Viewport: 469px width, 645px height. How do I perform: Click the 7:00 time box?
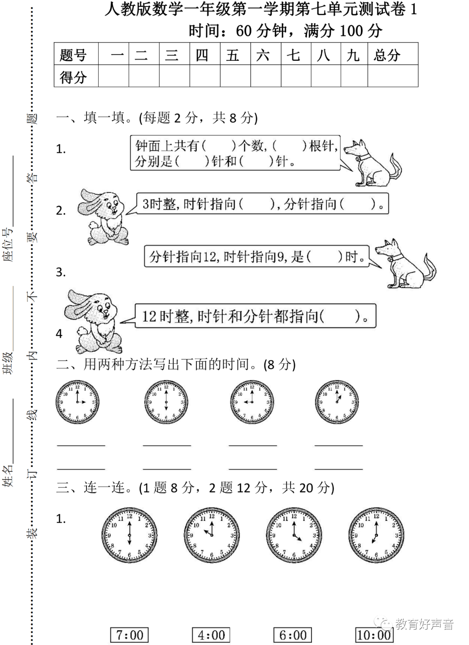pyautogui.click(x=129, y=635)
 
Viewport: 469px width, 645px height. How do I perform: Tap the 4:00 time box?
pyautogui.click(x=211, y=635)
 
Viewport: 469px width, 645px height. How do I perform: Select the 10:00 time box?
pyautogui.click(x=374, y=635)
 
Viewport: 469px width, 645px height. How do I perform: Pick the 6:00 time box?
pyautogui.click(x=293, y=635)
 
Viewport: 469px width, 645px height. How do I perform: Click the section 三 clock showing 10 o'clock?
pyautogui.click(x=211, y=534)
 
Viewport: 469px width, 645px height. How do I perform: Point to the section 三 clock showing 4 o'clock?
pyautogui.click(x=294, y=534)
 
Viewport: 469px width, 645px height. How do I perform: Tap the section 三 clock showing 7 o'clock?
pyautogui.click(x=376, y=534)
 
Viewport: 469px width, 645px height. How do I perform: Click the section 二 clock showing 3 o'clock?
pyautogui.click(x=78, y=402)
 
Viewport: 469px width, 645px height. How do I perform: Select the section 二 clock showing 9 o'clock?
pyautogui.click(x=252, y=402)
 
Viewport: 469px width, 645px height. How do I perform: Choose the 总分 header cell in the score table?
pyautogui.click(x=393, y=55)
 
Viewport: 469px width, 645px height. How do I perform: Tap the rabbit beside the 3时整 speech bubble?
pyautogui.click(x=103, y=216)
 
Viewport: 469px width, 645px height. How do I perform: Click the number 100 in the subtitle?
pyautogui.click(x=351, y=31)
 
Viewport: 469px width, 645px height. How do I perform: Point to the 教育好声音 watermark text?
pyautogui.click(x=424, y=624)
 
